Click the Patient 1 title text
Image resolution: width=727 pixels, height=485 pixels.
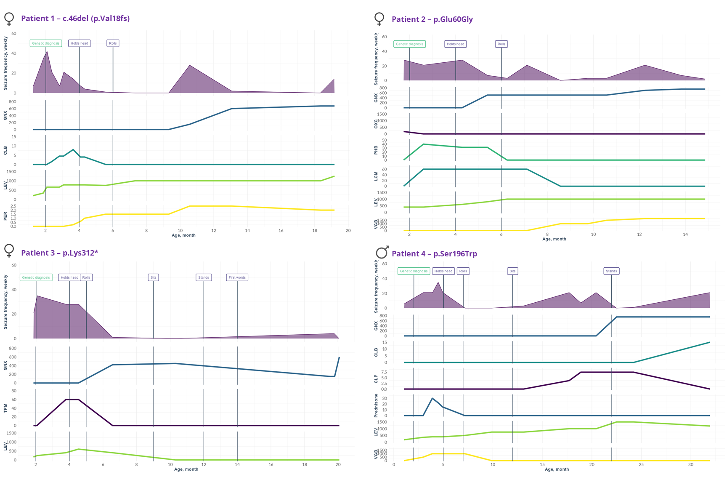[x=75, y=19]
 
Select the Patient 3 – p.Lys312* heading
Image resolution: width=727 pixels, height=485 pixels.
[x=59, y=253]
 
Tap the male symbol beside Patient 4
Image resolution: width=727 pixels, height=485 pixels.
[x=382, y=252]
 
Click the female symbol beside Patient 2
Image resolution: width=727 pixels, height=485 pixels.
[x=379, y=19]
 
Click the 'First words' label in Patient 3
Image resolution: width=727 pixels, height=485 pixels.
[x=237, y=277]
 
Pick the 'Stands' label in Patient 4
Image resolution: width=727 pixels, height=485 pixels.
[x=611, y=271]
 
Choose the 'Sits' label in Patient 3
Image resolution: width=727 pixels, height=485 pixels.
[x=154, y=277]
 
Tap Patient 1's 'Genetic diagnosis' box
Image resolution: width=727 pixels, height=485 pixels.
[x=46, y=43]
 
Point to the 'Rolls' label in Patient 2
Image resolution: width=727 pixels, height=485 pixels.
[x=501, y=44]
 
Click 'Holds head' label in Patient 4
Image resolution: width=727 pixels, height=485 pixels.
[x=443, y=271]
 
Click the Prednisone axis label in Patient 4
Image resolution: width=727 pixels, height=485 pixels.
[x=376, y=405]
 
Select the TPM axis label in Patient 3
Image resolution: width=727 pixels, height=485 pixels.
[x=5, y=408]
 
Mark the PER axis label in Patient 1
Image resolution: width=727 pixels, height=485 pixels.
[x=5, y=216]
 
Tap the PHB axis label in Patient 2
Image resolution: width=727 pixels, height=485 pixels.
[x=376, y=150]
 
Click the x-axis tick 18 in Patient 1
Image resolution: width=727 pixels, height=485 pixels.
[x=315, y=231]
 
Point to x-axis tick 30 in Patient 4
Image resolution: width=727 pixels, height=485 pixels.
[x=691, y=465]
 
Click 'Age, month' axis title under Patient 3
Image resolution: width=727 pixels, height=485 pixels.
[x=186, y=469]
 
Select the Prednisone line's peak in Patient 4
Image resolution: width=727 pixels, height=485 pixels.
[x=432, y=398]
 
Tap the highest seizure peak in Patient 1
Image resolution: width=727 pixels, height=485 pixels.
[x=47, y=51]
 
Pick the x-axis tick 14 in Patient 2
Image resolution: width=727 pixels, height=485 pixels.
[x=685, y=235]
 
